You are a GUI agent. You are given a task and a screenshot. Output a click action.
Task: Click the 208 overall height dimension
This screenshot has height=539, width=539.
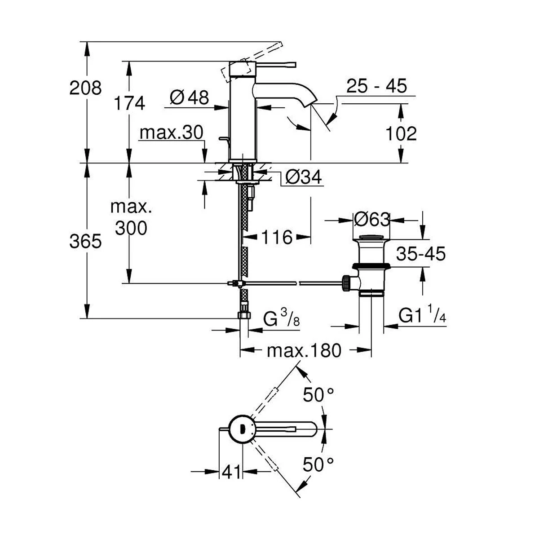point(85,88)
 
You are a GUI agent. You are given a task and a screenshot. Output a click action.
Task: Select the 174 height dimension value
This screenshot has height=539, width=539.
point(129,103)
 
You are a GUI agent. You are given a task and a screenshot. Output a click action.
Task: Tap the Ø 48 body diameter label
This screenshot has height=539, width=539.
point(190,97)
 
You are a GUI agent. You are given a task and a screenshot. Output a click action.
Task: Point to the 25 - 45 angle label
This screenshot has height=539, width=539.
point(376,86)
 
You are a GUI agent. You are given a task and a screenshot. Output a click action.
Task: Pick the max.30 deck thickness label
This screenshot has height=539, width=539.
point(171,133)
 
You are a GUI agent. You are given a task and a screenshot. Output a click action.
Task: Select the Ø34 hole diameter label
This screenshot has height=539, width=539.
point(304,177)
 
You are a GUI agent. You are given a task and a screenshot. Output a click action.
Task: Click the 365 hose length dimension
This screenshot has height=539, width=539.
point(85,241)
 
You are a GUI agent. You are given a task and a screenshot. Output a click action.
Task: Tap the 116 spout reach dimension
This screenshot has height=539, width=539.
point(277,237)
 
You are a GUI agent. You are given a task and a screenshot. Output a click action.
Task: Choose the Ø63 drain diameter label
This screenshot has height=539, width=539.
point(372,220)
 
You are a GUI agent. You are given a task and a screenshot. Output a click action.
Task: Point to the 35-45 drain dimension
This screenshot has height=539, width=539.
point(421,254)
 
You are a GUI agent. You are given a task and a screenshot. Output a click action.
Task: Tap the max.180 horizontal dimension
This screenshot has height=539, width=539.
point(304,350)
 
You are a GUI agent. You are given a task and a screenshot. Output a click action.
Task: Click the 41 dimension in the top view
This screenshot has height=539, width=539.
point(231,472)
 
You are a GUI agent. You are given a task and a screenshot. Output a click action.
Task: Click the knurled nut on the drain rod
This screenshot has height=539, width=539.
point(346,283)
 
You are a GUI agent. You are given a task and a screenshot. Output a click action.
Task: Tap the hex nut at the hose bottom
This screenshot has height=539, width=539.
point(244,314)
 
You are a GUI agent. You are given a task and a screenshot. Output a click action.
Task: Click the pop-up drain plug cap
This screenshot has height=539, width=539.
point(371,238)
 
